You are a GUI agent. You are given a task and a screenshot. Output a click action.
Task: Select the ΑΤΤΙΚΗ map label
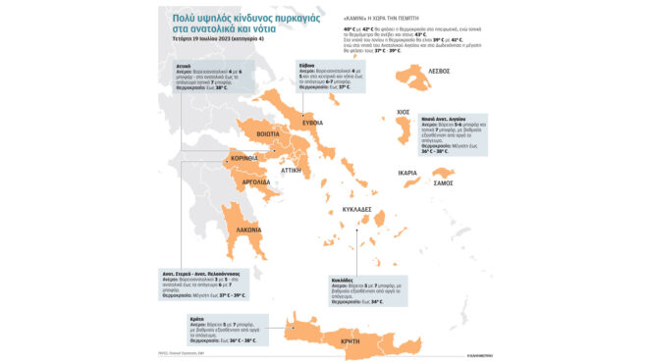292,169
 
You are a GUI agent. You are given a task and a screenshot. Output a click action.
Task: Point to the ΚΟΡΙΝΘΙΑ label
243,158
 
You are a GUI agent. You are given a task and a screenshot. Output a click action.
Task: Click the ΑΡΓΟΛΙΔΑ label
257,182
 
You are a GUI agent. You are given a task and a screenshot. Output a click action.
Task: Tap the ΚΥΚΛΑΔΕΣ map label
356,209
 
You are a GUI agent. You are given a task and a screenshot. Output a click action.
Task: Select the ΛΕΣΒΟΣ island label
438,71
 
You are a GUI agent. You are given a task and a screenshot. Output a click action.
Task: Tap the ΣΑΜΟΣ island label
443,183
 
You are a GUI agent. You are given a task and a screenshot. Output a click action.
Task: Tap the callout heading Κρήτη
196,318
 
